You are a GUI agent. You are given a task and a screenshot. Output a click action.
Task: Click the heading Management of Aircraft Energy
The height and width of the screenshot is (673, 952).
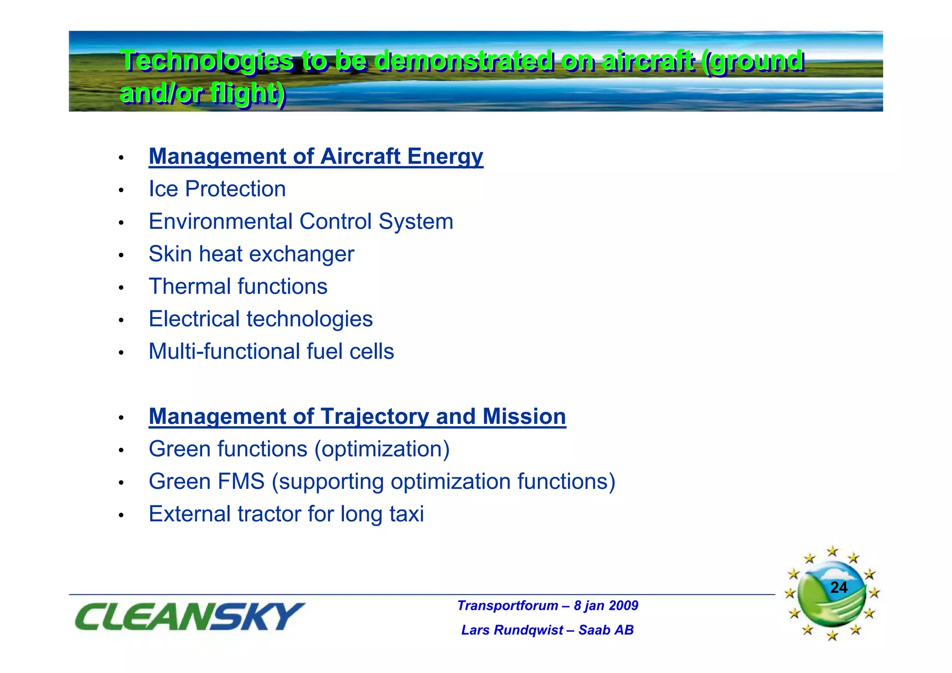tap(316, 157)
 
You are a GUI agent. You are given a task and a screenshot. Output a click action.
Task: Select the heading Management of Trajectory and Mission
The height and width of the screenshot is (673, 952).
tap(357, 416)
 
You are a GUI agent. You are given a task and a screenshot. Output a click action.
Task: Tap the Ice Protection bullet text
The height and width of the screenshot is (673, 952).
tap(217, 189)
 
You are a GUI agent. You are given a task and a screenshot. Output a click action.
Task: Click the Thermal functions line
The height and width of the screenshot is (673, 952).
tap(238, 287)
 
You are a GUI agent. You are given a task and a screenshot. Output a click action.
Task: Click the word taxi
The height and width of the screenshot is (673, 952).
tap(406, 514)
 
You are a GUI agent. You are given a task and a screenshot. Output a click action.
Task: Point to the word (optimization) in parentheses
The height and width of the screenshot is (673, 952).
tap(382, 449)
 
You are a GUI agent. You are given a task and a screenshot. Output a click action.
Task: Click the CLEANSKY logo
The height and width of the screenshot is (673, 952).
tap(189, 617)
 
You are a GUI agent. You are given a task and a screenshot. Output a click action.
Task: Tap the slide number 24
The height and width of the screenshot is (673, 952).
tap(839, 588)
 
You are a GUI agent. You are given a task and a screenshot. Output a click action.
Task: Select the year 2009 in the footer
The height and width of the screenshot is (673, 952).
tap(623, 606)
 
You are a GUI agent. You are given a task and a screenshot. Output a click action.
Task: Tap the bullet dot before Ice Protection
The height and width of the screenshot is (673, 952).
tap(121, 191)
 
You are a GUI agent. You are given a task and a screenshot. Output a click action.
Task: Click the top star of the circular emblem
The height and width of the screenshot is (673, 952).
tap(833, 552)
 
